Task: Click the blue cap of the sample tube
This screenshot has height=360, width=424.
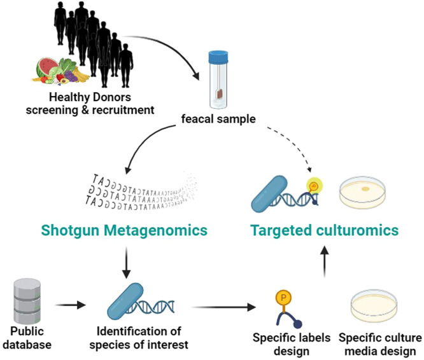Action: (x=218, y=57)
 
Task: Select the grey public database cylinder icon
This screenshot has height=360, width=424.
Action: (x=27, y=301)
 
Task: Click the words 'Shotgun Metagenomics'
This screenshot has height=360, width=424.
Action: (x=124, y=230)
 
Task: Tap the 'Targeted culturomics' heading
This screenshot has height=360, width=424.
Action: (x=325, y=230)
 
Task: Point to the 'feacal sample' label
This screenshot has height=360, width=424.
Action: (x=218, y=119)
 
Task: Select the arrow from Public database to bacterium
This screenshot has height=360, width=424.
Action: (x=70, y=305)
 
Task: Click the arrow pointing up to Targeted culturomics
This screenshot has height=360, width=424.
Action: (x=325, y=261)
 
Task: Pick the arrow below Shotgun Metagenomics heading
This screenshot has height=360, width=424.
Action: (x=127, y=263)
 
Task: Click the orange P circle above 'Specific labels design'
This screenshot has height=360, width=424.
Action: (x=283, y=298)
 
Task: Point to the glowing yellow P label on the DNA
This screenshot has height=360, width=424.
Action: (x=314, y=186)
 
